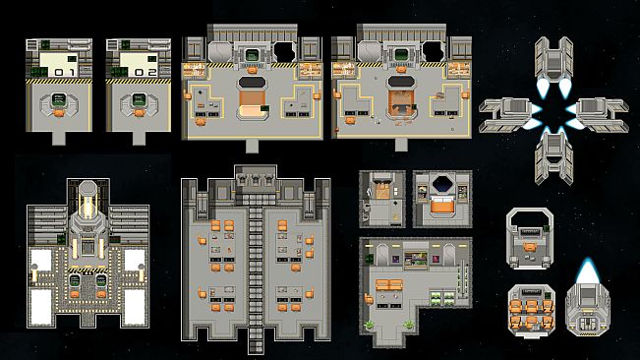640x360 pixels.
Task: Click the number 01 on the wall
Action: [x=65, y=72]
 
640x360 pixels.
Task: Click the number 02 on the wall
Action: [x=145, y=72]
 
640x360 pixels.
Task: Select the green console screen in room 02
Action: [x=139, y=98]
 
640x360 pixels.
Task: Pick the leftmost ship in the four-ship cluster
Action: [x=505, y=114]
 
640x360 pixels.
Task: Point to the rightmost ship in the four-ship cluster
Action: [x=601, y=113]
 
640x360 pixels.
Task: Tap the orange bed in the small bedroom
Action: [x=442, y=207]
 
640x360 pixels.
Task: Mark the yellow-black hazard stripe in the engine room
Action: [x=87, y=269]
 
